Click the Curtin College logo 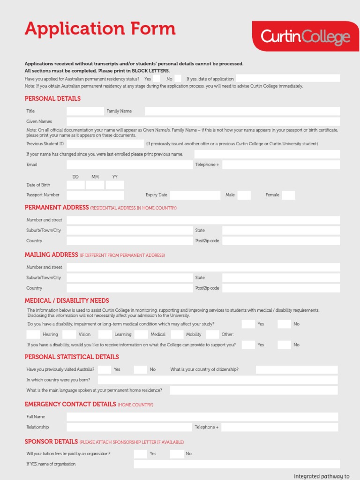click(305, 36)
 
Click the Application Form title click(100, 29)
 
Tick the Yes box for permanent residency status click(157, 78)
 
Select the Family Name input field click(242, 111)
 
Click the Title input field click(85, 111)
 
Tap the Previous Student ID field click(105, 143)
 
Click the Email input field click(129, 165)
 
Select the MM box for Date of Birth click(95, 185)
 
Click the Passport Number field click(95, 195)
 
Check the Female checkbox click(288, 195)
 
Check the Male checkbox click(244, 195)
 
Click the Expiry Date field click(195, 195)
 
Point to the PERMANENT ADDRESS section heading click(57, 207)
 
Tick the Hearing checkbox click(33, 334)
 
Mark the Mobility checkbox click(177, 334)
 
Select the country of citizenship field click(296, 369)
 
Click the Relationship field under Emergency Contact click(129, 427)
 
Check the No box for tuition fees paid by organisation click(177, 454)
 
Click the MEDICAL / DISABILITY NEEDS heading click(67, 300)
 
